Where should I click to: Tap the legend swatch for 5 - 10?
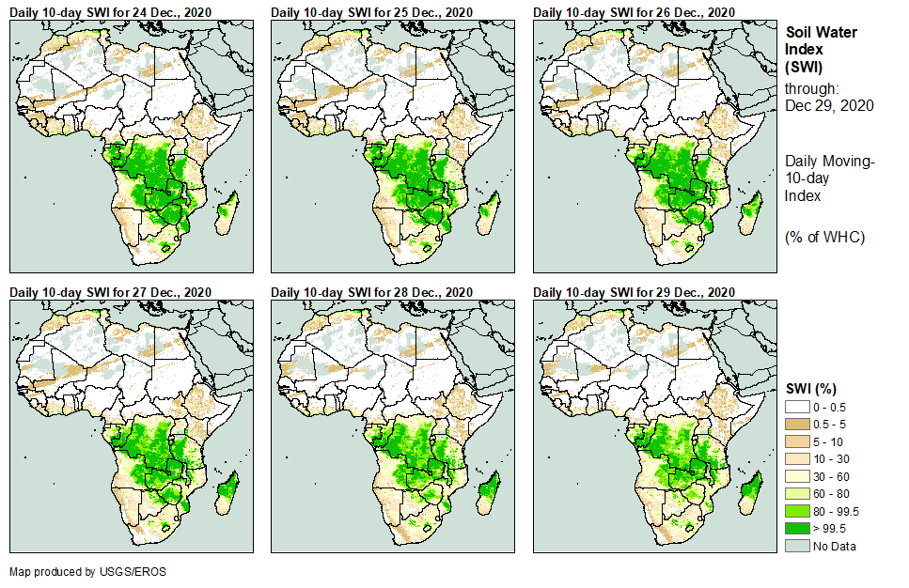pyautogui.click(x=797, y=440)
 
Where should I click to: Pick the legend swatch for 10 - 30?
pyautogui.click(x=797, y=457)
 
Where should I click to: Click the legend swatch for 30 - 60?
pyautogui.click(x=797, y=475)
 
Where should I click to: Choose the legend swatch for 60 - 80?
pyautogui.click(x=797, y=493)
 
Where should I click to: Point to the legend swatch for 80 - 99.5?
pyautogui.click(x=797, y=511)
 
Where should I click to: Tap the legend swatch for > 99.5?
pyautogui.click(x=797, y=529)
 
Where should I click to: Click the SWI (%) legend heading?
pyautogui.click(x=811, y=387)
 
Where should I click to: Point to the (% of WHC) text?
pyautogui.click(x=824, y=237)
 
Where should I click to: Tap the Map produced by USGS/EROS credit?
pyautogui.click(x=79, y=571)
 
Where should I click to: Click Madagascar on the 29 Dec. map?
pyautogui.click(x=750, y=493)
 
